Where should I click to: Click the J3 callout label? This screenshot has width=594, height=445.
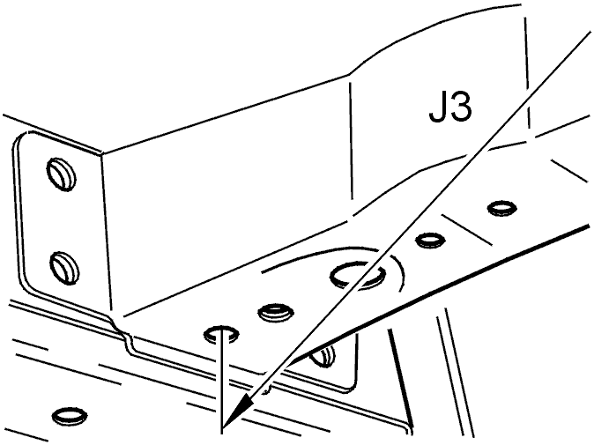point(451,108)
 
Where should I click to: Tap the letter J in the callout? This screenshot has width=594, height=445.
point(438,108)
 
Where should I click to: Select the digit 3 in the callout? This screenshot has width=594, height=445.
point(462,108)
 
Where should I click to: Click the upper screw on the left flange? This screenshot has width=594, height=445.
point(61,173)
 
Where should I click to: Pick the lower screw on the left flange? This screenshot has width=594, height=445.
point(64,267)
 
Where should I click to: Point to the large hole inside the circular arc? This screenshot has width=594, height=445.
point(358,276)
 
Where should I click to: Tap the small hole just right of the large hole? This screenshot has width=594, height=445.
point(430,240)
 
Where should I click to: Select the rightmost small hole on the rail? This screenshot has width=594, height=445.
point(501,208)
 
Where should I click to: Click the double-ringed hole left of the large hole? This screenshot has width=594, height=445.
point(275,313)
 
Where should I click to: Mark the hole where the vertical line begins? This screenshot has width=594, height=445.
point(221,334)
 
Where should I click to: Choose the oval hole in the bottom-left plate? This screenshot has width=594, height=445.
point(70,416)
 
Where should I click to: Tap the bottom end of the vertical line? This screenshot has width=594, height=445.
point(221,432)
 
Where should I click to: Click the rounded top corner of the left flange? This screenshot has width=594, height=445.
point(23,137)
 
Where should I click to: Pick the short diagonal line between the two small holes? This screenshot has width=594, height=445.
point(467,230)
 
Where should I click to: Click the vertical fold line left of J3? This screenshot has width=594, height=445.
point(351,140)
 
